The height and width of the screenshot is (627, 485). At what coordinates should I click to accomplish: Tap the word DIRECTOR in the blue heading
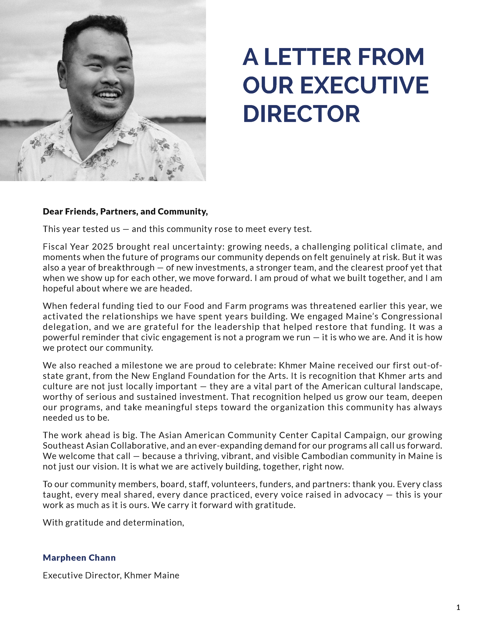[301, 114]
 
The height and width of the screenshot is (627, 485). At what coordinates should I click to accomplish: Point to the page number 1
[458, 607]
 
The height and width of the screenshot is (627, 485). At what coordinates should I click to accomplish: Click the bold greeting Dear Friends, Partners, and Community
[125, 212]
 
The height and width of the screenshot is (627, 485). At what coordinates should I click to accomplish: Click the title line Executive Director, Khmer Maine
[111, 575]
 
